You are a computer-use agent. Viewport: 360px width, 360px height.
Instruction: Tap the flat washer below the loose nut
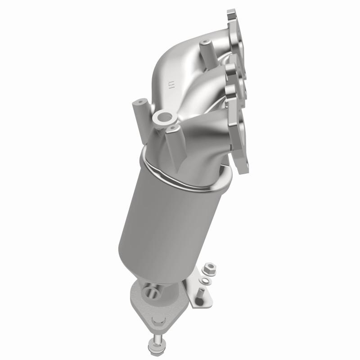coord(206,281)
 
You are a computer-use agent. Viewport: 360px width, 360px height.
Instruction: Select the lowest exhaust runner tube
coord(211,135)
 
